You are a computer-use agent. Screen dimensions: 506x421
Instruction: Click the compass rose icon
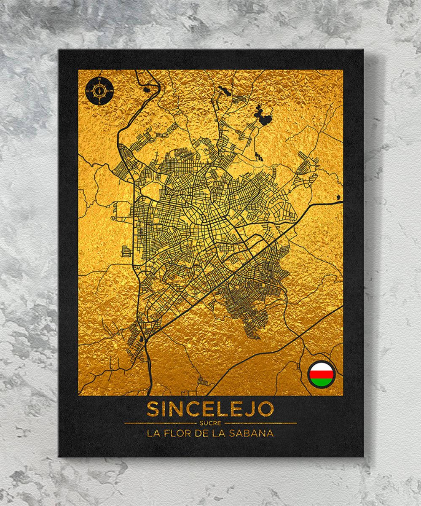click(99, 90)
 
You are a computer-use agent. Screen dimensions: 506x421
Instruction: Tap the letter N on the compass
click(99, 79)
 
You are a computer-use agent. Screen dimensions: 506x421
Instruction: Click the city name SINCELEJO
click(210, 409)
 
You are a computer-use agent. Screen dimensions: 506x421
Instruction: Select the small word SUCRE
click(210, 423)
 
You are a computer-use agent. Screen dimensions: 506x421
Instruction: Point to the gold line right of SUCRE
click(261, 423)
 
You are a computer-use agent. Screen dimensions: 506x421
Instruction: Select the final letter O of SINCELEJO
click(266, 409)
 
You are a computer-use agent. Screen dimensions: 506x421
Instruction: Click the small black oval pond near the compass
click(146, 89)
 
